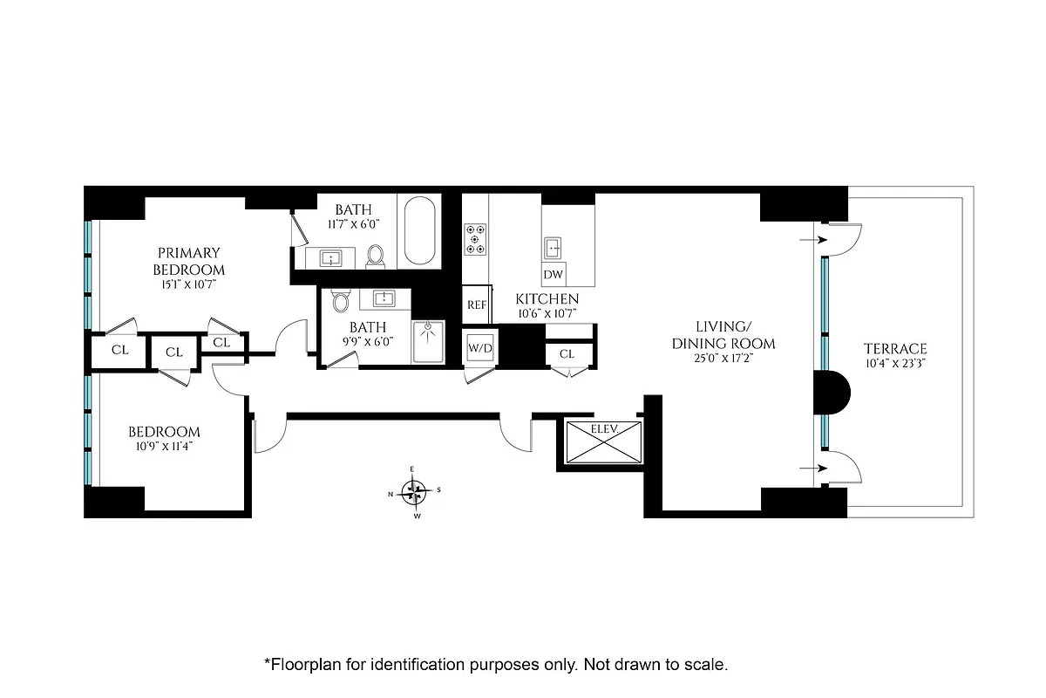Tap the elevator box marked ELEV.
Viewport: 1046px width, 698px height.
click(x=603, y=441)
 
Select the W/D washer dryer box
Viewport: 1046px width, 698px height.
click(x=480, y=348)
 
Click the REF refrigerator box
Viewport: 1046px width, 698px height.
click(x=477, y=305)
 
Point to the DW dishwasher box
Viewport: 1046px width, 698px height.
click(x=554, y=275)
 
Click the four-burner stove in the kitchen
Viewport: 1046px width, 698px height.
click(x=476, y=239)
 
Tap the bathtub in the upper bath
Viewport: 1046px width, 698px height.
click(x=420, y=231)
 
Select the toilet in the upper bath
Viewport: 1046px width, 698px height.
click(x=376, y=255)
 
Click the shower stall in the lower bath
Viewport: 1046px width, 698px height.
click(x=427, y=342)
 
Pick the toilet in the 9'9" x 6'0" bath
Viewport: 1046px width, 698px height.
click(x=341, y=302)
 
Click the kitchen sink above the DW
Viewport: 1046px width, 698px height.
click(x=553, y=248)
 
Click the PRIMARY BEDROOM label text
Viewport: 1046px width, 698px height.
click(x=189, y=261)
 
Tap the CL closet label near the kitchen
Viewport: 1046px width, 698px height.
click(x=567, y=353)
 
